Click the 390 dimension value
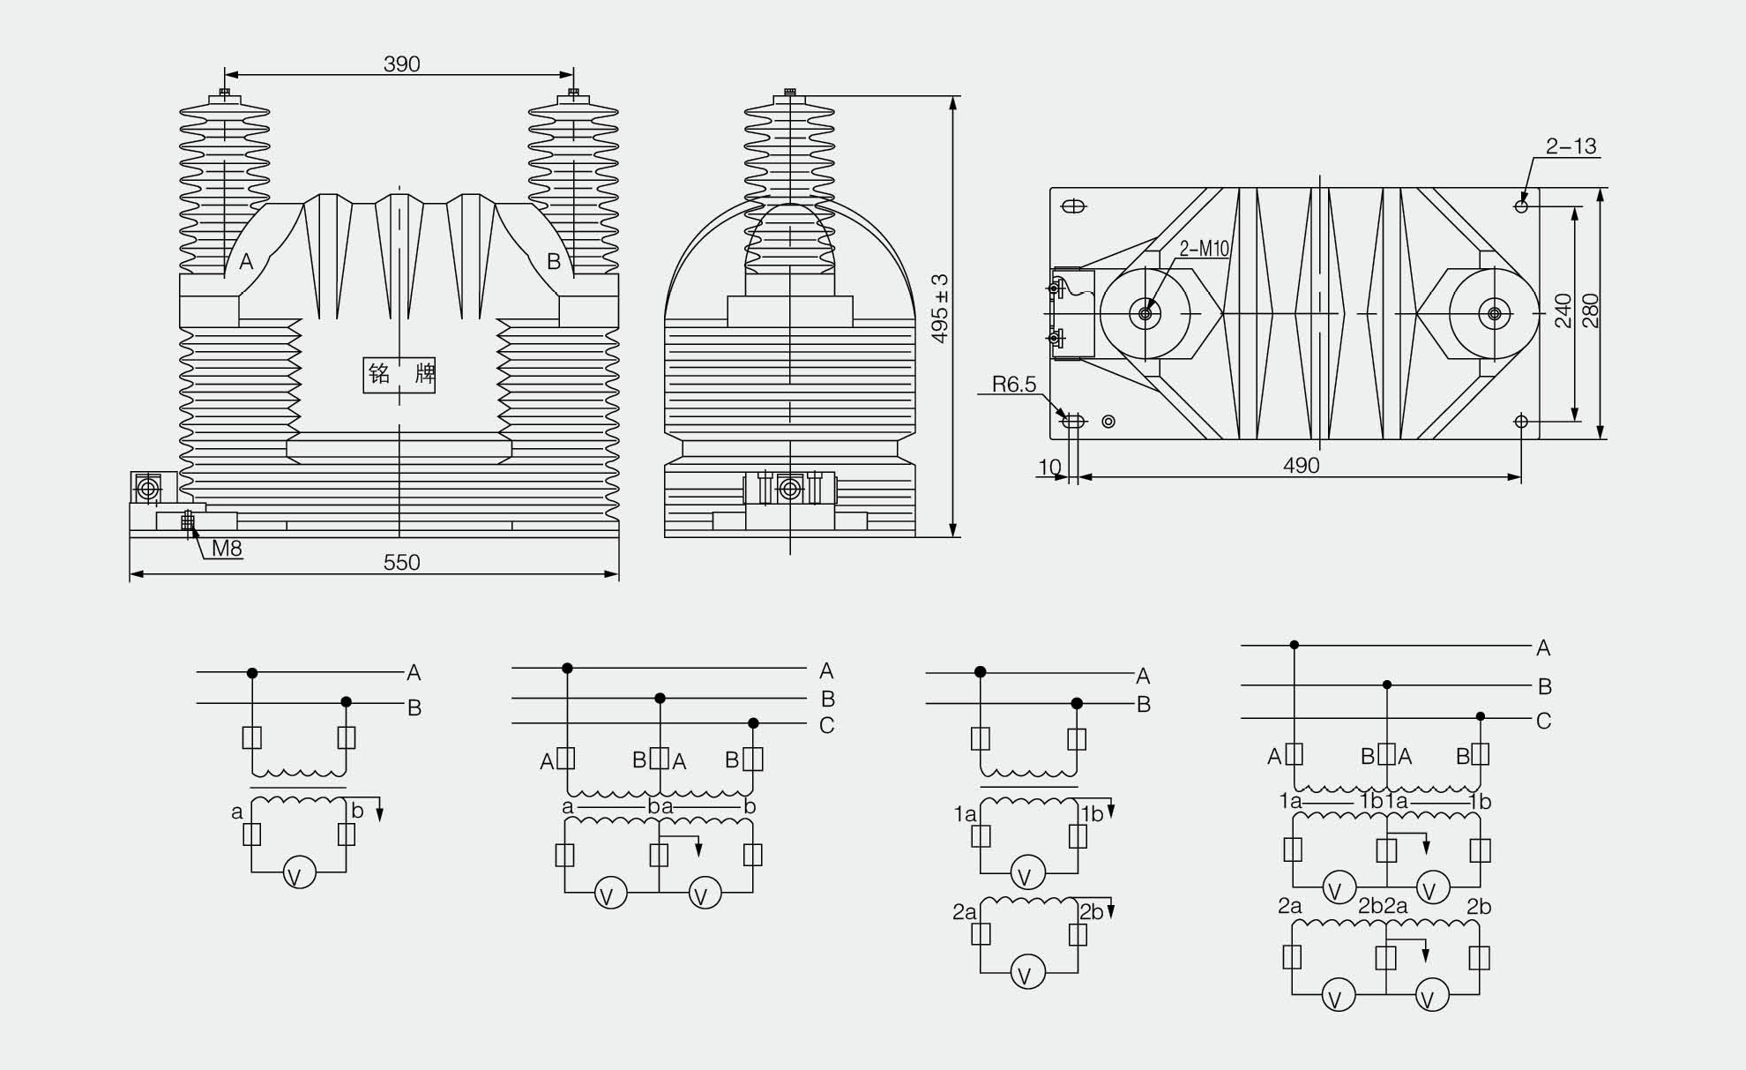coord(401,64)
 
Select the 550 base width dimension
coord(401,562)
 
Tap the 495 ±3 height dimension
coord(940,308)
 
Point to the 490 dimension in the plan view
coord(1301,465)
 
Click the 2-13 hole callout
coord(1571,146)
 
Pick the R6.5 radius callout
coord(1014,384)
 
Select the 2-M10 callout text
coord(1204,249)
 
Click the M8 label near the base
coord(227,549)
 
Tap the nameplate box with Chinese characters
coord(399,375)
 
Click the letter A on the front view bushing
coord(246,261)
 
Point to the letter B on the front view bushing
coord(554,261)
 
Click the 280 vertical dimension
coord(1590,311)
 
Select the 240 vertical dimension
coord(1563,311)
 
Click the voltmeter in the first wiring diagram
coord(299,874)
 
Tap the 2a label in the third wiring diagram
coord(964,912)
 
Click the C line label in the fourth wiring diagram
coord(1543,721)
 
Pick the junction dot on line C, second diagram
coord(753,723)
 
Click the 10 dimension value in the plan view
coord(1049,466)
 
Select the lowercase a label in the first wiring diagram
coord(236,812)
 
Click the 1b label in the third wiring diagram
coord(1092,814)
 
